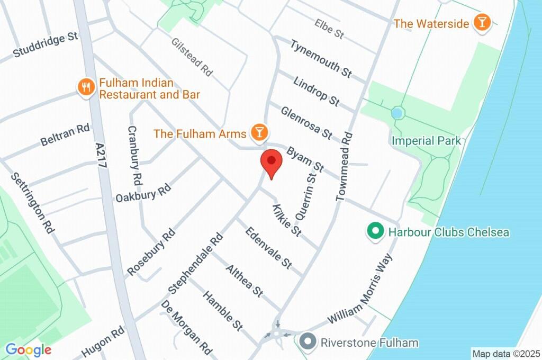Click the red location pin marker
[272, 161]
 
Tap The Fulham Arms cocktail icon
[259, 133]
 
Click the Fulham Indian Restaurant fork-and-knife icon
[85, 87]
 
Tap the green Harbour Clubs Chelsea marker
[375, 232]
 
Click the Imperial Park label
[426, 141]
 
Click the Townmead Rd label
[344, 167]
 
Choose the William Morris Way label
[361, 289]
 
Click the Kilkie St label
[286, 220]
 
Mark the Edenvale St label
[268, 247]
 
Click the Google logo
[28, 349]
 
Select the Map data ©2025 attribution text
[505, 353]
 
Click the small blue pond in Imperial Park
[398, 113]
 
